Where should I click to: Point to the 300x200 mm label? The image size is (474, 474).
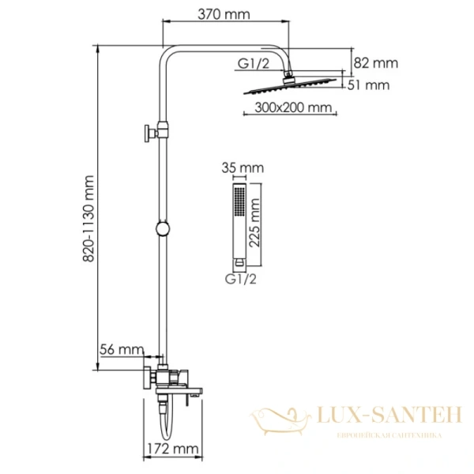click(x=294, y=108)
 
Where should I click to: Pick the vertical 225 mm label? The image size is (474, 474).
click(x=254, y=224)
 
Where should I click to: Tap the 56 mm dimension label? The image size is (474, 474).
click(x=122, y=349)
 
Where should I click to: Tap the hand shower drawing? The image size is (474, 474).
click(x=236, y=225)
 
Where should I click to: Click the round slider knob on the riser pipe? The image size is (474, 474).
click(x=162, y=229)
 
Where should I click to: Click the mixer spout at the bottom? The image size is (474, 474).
click(x=190, y=391)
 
